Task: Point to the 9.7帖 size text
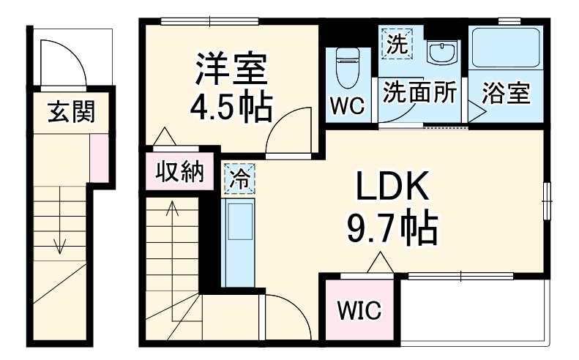point(392,228)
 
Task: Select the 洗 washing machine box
point(396,43)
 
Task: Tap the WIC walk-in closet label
point(359,311)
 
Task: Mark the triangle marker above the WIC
point(379,260)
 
